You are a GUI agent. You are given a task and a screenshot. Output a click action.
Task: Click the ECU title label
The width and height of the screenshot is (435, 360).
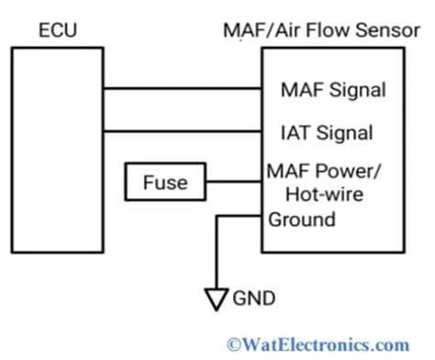pyautogui.click(x=58, y=30)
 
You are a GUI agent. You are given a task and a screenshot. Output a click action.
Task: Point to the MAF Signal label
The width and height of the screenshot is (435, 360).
pyautogui.click(x=333, y=90)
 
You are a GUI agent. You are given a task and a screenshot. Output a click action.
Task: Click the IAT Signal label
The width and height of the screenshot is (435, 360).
pyautogui.click(x=327, y=133)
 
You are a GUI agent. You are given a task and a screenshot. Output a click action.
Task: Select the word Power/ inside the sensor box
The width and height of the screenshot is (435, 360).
pyautogui.click(x=348, y=171)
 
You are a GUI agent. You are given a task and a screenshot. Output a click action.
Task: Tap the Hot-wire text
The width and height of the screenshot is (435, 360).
pyautogui.click(x=325, y=194)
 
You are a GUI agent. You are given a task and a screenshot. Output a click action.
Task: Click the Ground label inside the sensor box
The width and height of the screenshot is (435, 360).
pyautogui.click(x=302, y=219)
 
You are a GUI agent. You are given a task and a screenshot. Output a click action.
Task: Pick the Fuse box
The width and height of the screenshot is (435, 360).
pyautogui.click(x=165, y=182)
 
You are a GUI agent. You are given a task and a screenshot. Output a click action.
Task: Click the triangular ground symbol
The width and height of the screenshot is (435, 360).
pyautogui.click(x=217, y=299)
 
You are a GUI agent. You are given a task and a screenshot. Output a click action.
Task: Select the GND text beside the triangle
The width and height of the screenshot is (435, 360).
pyautogui.click(x=254, y=298)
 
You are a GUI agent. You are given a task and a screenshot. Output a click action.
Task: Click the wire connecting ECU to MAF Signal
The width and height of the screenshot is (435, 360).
pyautogui.click(x=183, y=88)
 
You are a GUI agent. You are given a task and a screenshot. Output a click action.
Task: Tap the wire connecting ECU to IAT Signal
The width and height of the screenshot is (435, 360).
pyautogui.click(x=183, y=131)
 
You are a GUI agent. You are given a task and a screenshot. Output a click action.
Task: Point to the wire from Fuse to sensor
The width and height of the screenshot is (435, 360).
pyautogui.click(x=234, y=182)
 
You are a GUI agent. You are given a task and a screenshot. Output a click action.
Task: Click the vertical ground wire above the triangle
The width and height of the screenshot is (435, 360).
pyautogui.click(x=217, y=253)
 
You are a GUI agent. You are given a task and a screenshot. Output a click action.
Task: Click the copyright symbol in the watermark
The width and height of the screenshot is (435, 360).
pyautogui.click(x=234, y=345)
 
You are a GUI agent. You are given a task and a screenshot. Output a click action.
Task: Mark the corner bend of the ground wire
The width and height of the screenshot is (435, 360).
pyautogui.click(x=217, y=216)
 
